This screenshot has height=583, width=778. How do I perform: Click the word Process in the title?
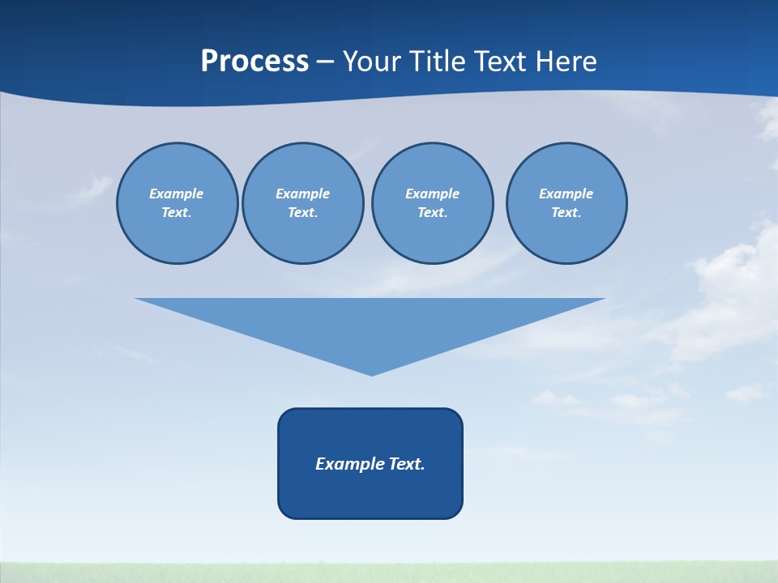254,62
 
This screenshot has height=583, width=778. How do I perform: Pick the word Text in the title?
502,62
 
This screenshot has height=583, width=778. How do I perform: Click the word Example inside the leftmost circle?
177,194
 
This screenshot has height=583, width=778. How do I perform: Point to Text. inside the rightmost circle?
566,212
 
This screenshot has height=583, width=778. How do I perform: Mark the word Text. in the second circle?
302,212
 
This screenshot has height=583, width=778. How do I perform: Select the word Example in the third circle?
432,194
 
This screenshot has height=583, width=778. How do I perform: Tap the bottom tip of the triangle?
371,373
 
